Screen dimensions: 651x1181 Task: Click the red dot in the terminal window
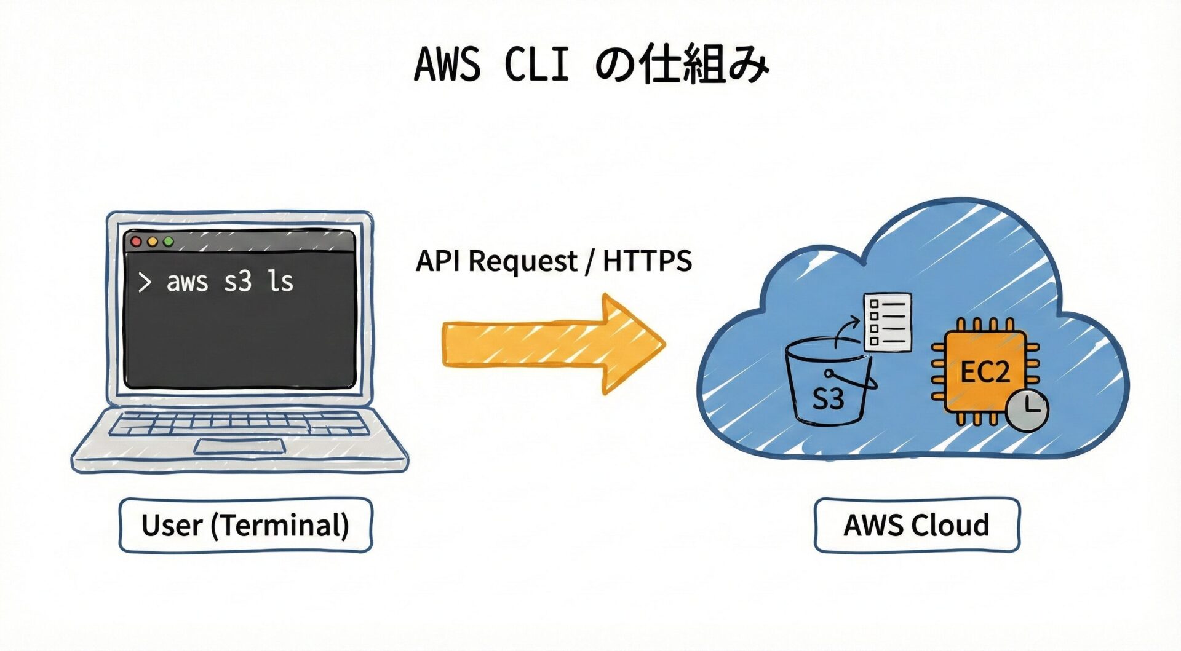137,242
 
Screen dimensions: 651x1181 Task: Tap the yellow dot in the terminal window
153,242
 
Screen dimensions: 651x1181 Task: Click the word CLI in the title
536,64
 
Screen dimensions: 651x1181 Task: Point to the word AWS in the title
447,64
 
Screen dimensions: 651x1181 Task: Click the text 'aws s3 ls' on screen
229,282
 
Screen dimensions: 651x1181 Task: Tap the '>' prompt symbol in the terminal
145,282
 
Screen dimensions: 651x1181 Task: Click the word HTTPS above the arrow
647,261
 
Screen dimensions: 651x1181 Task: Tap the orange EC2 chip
984,371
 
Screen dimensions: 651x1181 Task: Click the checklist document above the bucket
888,322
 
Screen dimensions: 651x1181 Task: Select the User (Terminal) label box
245,525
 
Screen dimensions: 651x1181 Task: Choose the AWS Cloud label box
917,525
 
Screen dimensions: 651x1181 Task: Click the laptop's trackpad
240,446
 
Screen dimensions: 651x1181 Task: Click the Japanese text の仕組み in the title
683,64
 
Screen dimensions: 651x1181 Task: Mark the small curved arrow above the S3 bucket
846,331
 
